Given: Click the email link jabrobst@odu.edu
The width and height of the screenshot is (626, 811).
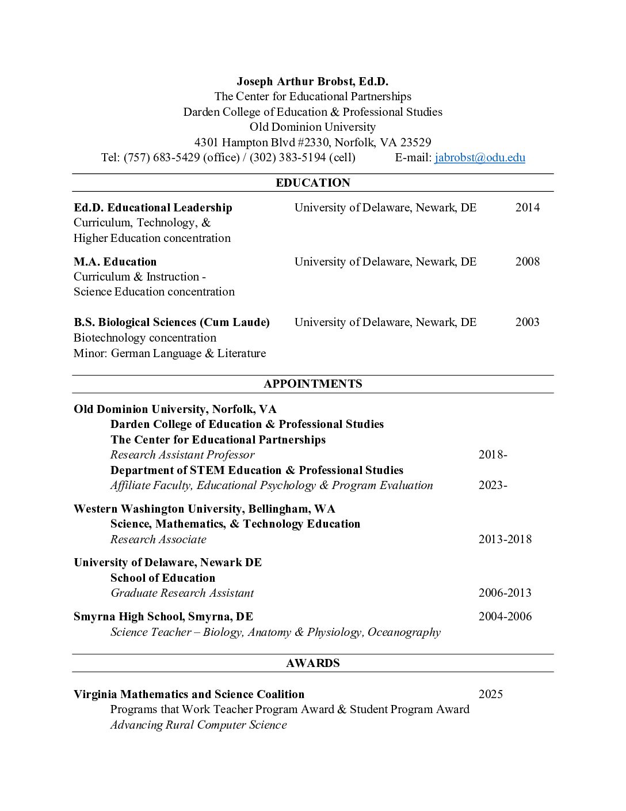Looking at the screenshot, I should tap(479, 157).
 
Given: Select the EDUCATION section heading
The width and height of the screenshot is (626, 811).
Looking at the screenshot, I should tap(312, 183).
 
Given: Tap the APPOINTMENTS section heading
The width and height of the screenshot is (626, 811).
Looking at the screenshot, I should tap(312, 384).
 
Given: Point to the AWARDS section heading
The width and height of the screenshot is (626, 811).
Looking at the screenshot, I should tap(312, 663).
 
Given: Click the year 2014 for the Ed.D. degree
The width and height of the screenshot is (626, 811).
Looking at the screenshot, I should tap(527, 207).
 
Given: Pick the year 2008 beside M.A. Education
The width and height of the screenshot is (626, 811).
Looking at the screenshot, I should tap(527, 262).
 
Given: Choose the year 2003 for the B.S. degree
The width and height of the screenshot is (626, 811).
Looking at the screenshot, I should tap(527, 322).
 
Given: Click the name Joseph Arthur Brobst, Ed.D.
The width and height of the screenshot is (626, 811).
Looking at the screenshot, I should tap(312, 81).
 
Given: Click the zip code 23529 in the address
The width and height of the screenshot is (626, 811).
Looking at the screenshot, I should tap(415, 142).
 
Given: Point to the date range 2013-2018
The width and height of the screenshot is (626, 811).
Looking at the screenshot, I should tap(505, 539).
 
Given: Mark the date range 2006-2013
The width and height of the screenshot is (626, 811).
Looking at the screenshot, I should tap(505, 593).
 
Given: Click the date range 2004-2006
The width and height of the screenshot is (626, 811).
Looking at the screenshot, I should tap(505, 616).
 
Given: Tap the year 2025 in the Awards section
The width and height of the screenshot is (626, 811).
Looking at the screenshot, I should tap(490, 694).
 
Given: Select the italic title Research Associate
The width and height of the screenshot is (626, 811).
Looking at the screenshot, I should tap(158, 539).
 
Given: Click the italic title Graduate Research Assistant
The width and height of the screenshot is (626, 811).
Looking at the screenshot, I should tap(182, 593).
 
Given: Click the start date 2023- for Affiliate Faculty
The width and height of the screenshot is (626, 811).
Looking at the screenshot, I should tap(493, 485).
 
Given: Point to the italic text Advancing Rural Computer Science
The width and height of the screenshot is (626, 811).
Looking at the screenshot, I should tap(198, 725).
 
